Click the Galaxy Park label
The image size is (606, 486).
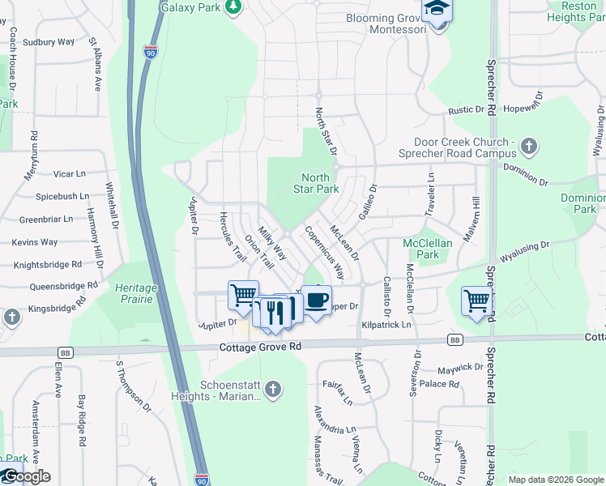click(191, 6)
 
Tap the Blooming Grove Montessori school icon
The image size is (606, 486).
click(437, 10)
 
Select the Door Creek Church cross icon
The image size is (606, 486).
click(529, 147)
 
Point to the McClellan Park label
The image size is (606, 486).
click(421, 249)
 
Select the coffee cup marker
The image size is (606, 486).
click(317, 299)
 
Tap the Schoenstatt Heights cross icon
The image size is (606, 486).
click(273, 390)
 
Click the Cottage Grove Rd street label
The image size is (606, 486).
click(260, 347)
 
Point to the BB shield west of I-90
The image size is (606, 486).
click(64, 352)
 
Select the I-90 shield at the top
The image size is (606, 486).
click(151, 51)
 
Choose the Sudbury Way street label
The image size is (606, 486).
click(48, 41)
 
